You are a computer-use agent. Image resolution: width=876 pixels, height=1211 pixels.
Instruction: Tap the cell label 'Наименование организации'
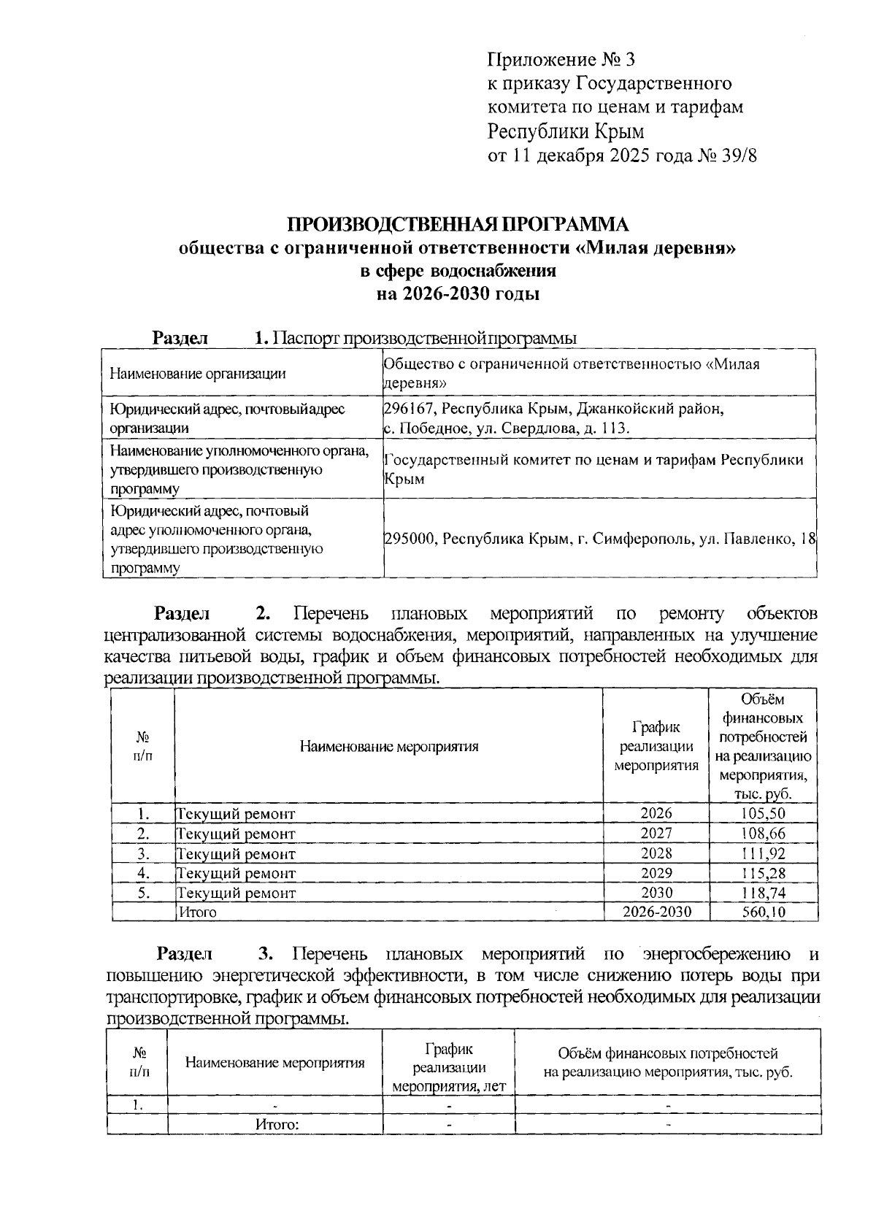point(197,374)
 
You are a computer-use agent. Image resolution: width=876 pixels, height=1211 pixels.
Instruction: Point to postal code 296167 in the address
point(410,408)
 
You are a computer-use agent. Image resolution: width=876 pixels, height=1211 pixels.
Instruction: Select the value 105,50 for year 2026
point(763,813)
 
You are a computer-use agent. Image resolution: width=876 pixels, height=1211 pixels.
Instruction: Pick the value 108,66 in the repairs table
point(763,833)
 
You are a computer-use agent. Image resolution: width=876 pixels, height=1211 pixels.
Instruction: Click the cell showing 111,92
point(763,853)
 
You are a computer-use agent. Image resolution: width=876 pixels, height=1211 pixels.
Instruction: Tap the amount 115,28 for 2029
point(763,872)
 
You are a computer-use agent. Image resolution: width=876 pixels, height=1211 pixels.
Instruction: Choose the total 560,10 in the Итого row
point(763,912)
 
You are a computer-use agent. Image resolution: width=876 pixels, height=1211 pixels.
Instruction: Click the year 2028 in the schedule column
point(656,853)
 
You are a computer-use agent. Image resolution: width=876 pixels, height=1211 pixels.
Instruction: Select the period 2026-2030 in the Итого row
point(656,912)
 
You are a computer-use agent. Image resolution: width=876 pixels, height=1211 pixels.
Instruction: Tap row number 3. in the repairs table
point(143,853)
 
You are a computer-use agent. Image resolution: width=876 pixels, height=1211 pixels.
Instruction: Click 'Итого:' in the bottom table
point(277,1124)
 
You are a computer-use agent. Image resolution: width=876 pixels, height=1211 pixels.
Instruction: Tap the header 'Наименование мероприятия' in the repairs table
point(388,746)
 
